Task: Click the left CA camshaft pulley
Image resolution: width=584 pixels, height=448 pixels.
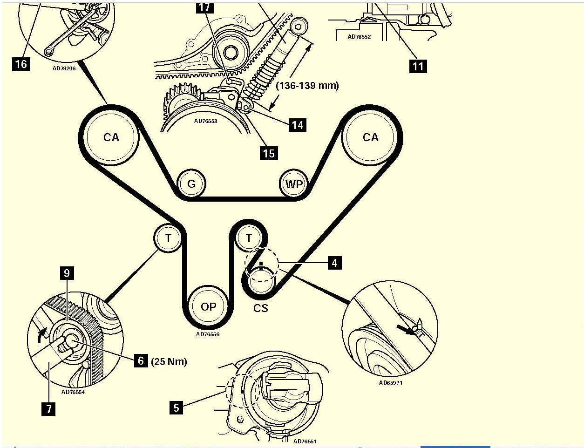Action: (111, 137)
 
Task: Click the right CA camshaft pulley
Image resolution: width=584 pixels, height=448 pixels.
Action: (371, 137)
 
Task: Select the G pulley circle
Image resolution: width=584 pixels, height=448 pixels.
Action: (191, 184)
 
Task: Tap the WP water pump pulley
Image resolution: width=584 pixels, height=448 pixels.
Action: (294, 184)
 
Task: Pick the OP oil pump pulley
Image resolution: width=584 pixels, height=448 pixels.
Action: (208, 306)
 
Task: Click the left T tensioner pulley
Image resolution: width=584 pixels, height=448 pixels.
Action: (168, 239)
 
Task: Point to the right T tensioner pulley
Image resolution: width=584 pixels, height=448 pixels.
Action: (249, 239)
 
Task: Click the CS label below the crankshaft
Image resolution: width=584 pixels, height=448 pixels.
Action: (261, 308)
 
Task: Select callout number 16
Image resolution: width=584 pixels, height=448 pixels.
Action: (21, 63)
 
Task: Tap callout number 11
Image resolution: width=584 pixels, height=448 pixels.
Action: (418, 66)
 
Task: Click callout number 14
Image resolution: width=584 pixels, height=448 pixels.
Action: (297, 125)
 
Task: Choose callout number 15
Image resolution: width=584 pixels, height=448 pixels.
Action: (269, 153)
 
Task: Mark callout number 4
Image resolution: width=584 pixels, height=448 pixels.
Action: (334, 263)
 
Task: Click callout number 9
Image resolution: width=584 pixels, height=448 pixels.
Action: (67, 273)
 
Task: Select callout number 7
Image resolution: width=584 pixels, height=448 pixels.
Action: (48, 409)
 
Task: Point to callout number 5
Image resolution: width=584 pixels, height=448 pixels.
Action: (176, 408)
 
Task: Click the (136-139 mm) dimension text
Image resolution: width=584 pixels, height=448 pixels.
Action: (307, 86)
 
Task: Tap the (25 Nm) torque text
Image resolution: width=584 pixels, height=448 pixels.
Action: (169, 361)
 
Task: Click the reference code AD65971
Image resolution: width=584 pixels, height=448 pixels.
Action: (390, 383)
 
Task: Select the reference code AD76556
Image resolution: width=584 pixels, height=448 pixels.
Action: (208, 334)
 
